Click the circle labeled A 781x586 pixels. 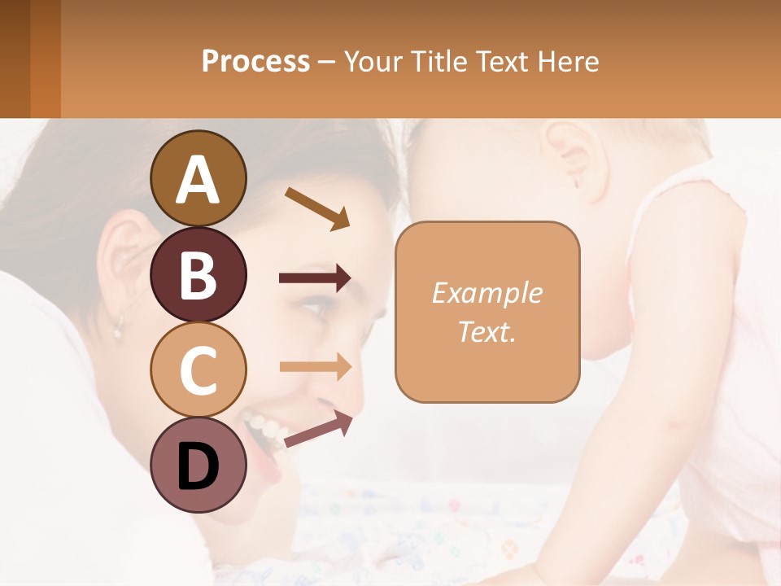[x=199, y=178]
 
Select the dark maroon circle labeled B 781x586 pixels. [x=199, y=274]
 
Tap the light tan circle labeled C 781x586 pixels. [x=199, y=369]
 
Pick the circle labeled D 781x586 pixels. [x=199, y=465]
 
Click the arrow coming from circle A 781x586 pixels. [x=317, y=208]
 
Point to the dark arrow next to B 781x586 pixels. [x=315, y=278]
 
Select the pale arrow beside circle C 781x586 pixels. [x=315, y=366]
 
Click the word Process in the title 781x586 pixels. [x=255, y=61]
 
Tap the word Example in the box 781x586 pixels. [x=486, y=293]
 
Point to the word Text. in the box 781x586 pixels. [x=486, y=331]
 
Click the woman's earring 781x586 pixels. [x=117, y=330]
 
